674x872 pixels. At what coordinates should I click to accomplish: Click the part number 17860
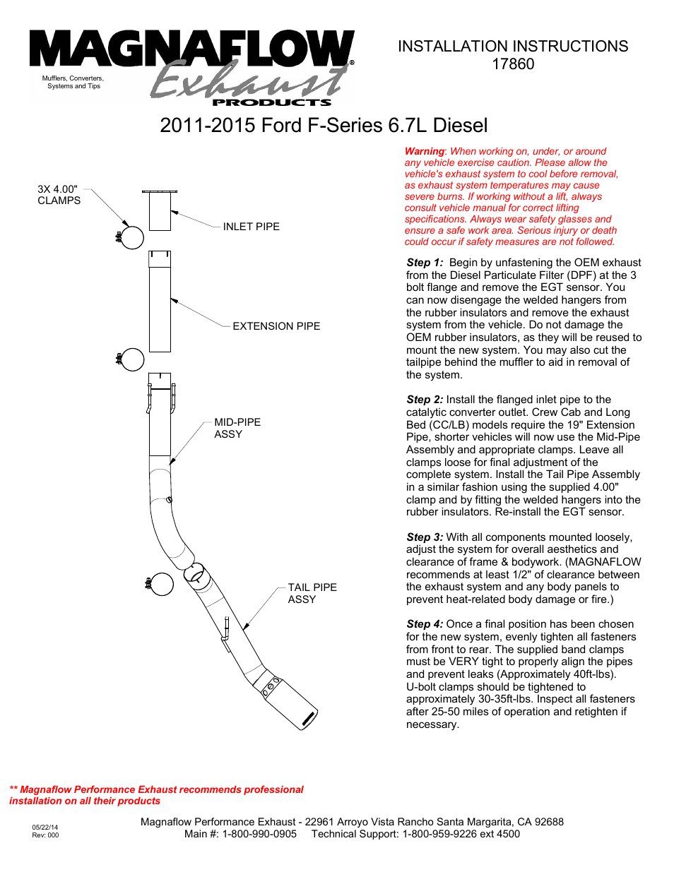pos(513,64)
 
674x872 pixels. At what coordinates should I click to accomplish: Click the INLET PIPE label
pos(251,227)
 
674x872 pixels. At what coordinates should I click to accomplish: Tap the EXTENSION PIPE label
pos(276,326)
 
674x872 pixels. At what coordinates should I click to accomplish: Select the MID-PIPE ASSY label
pos(237,428)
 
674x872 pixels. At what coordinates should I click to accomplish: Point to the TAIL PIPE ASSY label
pos(312,593)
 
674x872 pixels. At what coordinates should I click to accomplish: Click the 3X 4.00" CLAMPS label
pos(59,195)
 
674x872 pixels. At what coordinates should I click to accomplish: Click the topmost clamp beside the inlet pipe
pos(131,237)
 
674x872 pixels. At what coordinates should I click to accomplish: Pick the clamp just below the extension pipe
pos(131,359)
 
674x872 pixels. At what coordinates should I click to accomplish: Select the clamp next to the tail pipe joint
pos(161,584)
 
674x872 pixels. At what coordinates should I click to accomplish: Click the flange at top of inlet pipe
pos(160,191)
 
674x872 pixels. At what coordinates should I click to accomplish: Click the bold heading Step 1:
pos(425,263)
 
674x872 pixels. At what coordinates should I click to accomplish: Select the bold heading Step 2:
pos(425,400)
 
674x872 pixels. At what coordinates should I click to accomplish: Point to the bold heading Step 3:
pos(425,537)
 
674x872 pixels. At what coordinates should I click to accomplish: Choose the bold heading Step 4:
pos(425,624)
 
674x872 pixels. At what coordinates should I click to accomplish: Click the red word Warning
pos(424,151)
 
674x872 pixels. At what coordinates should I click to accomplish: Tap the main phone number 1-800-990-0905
pos(259,834)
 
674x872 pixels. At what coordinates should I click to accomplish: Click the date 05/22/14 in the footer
pos(45,827)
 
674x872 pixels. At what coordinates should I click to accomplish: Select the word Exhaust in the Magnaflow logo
pos(247,83)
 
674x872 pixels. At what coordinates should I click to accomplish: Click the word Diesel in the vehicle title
pos(460,126)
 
